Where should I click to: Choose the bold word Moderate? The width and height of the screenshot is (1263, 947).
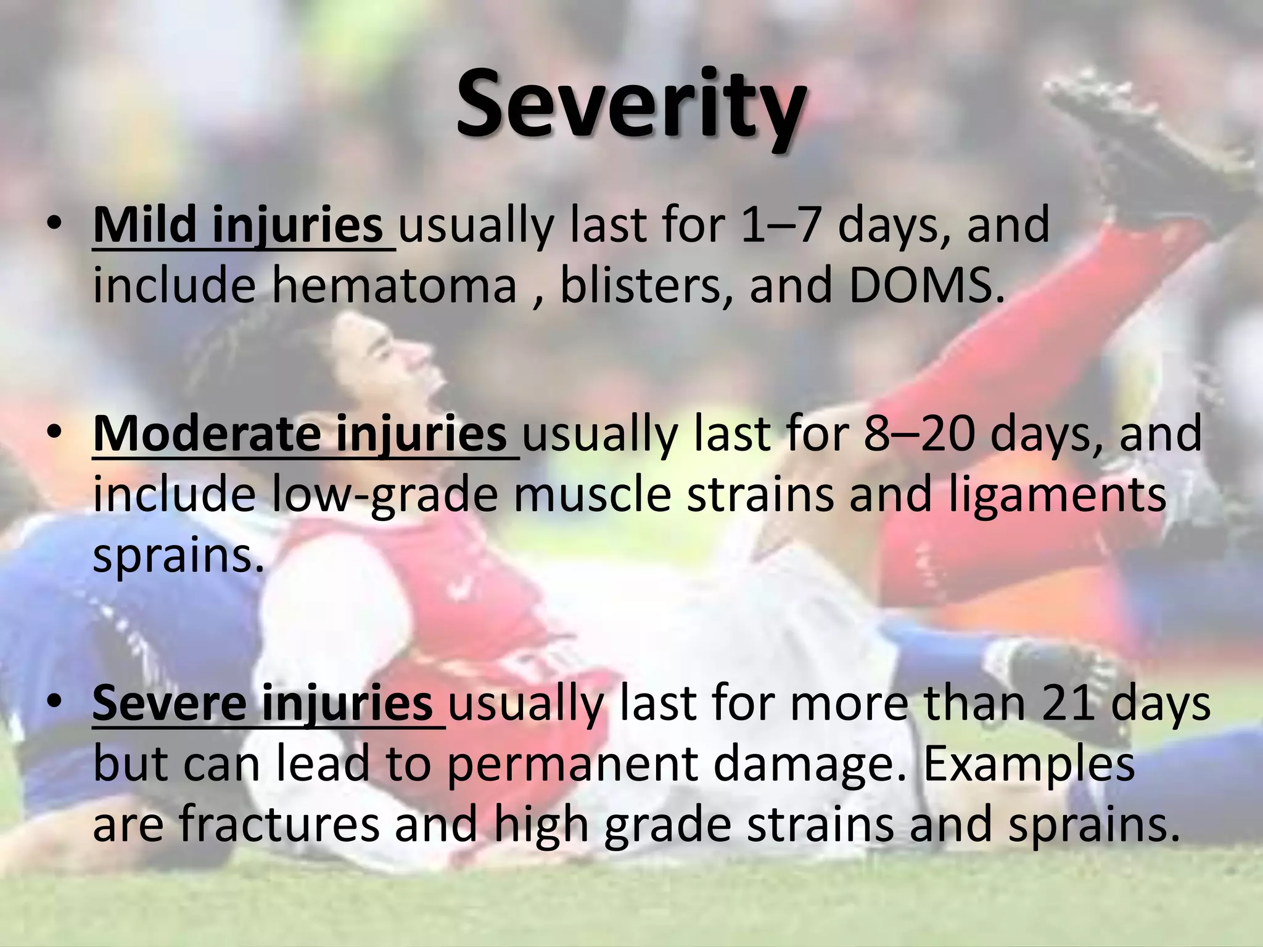pos(206,434)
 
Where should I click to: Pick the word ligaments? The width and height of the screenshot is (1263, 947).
pos(1057,496)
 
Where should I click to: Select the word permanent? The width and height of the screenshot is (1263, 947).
pos(574,765)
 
